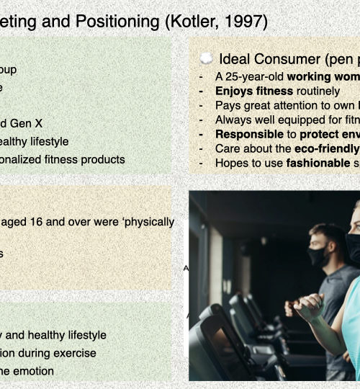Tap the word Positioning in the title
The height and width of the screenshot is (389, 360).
tap(117, 22)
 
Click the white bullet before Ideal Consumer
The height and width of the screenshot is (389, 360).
tap(207, 59)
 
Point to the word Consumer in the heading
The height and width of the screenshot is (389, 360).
tap(287, 60)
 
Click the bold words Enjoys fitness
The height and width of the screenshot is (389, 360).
tap(254, 91)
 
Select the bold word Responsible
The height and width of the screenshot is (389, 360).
tap(249, 134)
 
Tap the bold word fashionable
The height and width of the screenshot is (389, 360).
tap(318, 163)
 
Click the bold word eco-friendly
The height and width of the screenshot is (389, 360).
tap(327, 149)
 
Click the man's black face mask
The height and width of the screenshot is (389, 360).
tap(318, 256)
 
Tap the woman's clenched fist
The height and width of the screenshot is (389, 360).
tap(309, 306)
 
